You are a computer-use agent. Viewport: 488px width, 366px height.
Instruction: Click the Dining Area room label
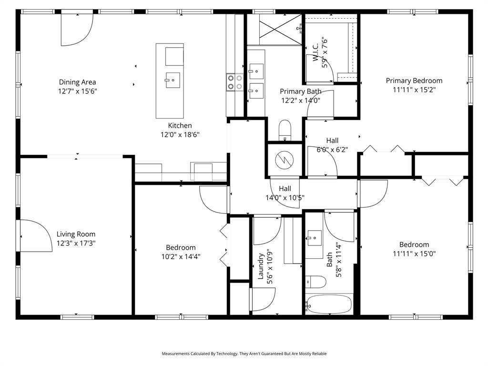click(77, 82)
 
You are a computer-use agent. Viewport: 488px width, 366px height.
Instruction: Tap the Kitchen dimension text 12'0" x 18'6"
click(180, 135)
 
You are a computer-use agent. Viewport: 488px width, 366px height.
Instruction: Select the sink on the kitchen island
click(172, 80)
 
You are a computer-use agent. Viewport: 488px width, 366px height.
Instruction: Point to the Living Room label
click(76, 234)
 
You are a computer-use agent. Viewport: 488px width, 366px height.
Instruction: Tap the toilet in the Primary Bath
click(285, 130)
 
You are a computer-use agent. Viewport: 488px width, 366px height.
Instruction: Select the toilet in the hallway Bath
click(315, 282)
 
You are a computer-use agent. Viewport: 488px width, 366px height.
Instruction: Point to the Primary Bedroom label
click(414, 81)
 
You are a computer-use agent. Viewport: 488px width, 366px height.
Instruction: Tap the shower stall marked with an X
click(274, 30)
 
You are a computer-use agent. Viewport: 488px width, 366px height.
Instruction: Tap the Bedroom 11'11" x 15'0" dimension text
click(414, 254)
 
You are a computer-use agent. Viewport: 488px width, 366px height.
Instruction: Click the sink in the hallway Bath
click(315, 237)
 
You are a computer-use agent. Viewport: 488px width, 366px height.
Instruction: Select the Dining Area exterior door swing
click(76, 30)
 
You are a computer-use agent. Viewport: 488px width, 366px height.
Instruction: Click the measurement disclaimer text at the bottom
click(244, 354)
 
